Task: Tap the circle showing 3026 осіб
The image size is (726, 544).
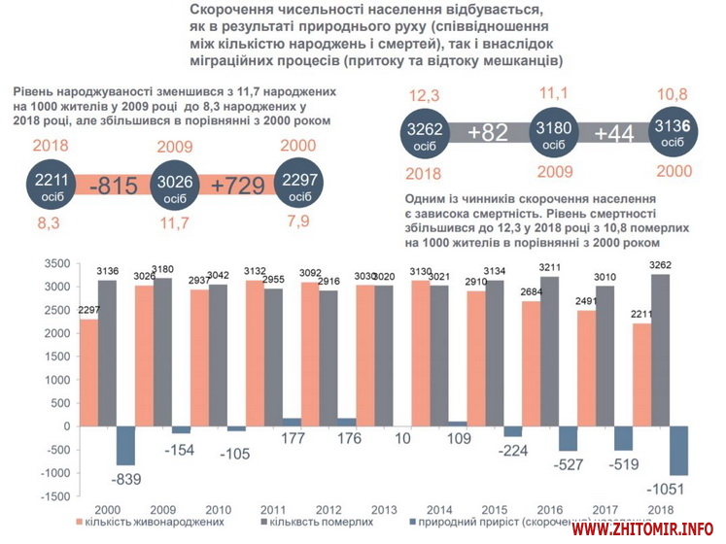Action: [175, 187]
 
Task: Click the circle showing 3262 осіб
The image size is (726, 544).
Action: [425, 135]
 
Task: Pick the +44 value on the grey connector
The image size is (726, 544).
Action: [614, 134]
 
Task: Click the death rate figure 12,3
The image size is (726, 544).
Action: [425, 95]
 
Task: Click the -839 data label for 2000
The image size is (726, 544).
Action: [127, 479]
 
